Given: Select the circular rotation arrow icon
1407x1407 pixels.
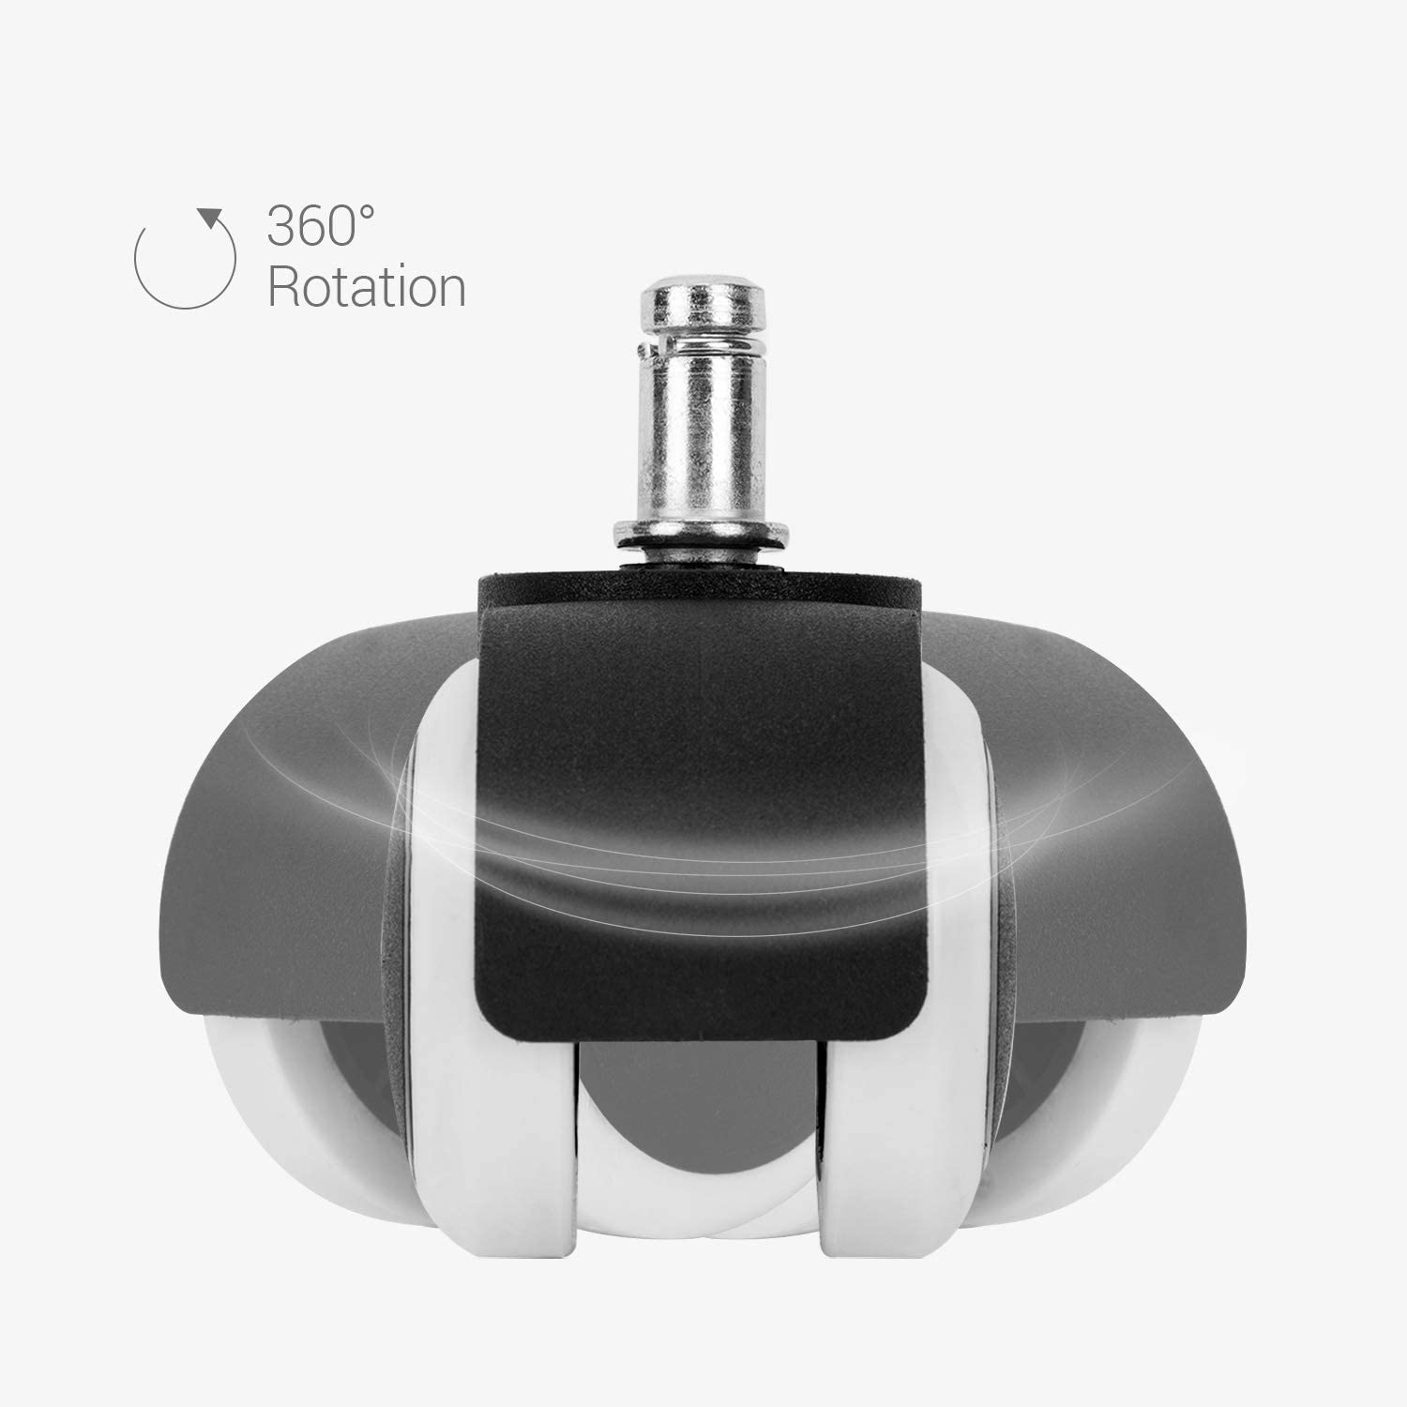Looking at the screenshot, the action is tap(186, 259).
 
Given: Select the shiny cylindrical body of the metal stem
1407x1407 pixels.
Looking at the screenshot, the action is tap(703, 441).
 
